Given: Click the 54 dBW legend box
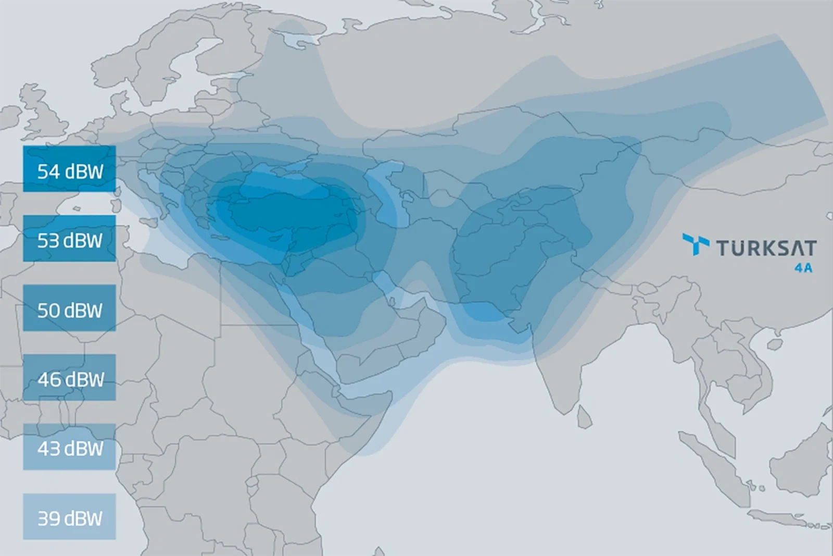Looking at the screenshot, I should (69, 169).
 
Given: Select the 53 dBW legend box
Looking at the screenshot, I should (69, 239).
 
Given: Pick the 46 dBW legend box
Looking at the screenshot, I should (69, 377).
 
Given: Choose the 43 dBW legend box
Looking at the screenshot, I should (69, 447).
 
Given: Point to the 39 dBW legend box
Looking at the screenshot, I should (69, 516).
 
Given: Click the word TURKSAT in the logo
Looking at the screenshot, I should (766, 248).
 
